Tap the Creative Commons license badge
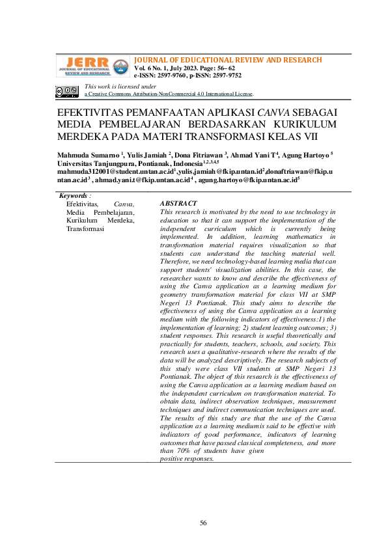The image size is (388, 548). [67, 92]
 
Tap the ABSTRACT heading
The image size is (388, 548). [178, 204]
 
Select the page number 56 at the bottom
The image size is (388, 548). [203, 523]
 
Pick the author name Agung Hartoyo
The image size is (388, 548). [306, 155]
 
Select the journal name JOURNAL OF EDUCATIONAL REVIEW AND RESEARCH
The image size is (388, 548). [228, 60]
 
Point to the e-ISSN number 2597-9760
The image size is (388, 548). [171, 75]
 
